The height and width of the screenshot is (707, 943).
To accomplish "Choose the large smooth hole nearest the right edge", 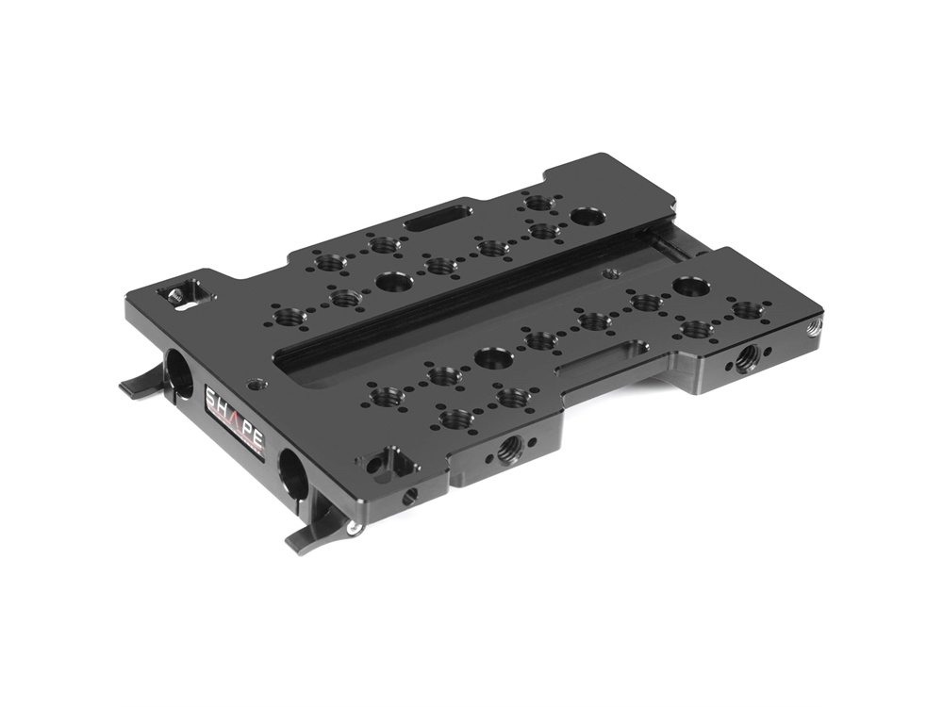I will pyautogui.click(x=691, y=287).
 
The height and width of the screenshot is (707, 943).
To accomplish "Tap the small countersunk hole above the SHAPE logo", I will pyautogui.click(x=254, y=384).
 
